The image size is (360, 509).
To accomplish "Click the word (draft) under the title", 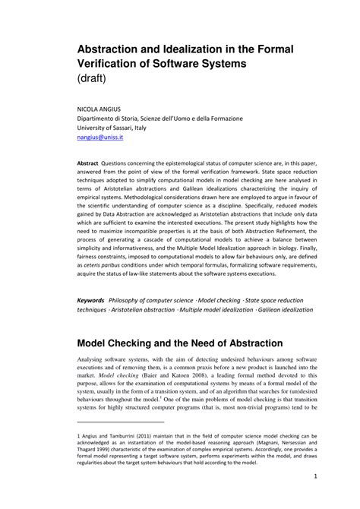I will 95,78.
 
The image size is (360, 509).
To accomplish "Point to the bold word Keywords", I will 91,300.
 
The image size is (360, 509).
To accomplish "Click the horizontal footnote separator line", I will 121,422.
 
